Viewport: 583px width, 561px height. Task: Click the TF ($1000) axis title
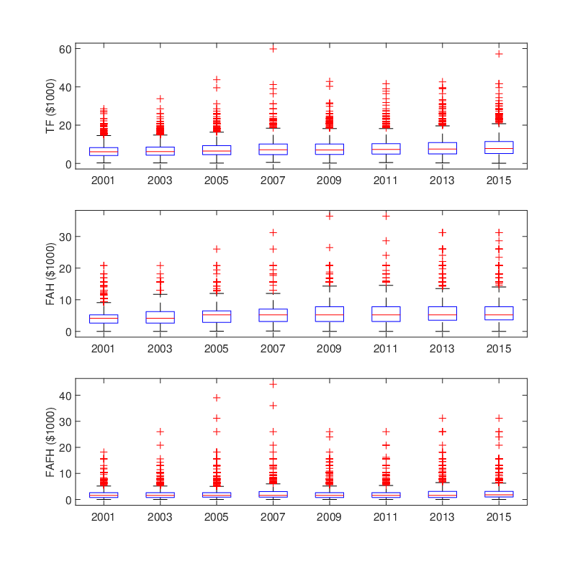pos(50,106)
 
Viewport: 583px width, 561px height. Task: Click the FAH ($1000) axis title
pos(50,274)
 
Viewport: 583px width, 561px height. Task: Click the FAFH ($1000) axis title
pos(50,442)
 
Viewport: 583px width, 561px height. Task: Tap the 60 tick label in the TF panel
pos(65,49)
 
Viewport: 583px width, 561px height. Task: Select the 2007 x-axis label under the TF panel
pos(273,181)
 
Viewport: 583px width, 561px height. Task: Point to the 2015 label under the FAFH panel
pos(499,517)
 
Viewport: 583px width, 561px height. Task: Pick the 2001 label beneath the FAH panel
pos(103,349)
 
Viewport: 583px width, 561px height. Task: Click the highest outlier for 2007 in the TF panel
pos(274,49)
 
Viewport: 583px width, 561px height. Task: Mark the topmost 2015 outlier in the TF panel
pos(499,54)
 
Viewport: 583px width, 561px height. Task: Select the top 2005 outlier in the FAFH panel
pos(217,398)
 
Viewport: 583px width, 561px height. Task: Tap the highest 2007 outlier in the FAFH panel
pos(274,384)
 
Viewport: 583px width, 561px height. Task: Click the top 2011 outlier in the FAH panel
pos(386,216)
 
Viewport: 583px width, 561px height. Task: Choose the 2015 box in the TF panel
pos(499,147)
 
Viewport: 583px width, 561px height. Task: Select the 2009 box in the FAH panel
pos(330,314)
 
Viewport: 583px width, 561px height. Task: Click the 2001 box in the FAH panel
pos(104,319)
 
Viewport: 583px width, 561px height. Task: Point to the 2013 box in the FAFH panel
pos(443,495)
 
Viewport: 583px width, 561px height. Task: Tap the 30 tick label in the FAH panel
pos(65,237)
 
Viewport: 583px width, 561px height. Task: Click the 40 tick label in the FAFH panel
pos(65,396)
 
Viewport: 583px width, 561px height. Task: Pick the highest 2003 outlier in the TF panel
pos(161,99)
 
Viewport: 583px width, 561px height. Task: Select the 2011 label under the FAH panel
pos(385,349)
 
